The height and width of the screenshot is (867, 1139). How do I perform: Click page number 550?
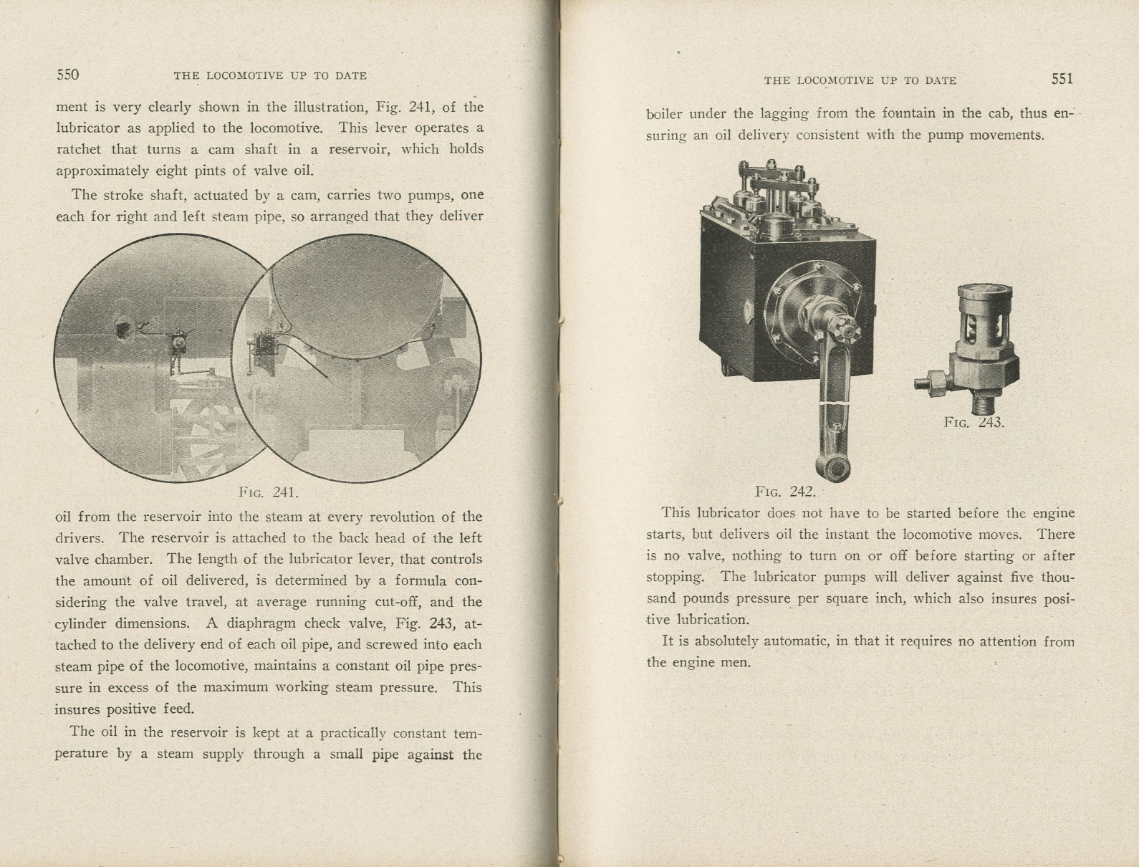pos(67,75)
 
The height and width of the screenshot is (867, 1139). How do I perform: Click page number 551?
pos(1062,79)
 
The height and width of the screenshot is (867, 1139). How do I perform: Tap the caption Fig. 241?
pos(268,492)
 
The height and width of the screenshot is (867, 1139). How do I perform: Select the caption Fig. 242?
pos(785,492)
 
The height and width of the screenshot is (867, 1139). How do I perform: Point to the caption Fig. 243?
pos(974,422)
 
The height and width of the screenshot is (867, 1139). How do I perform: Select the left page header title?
pos(270,75)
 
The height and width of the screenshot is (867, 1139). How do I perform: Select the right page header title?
pos(860,80)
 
